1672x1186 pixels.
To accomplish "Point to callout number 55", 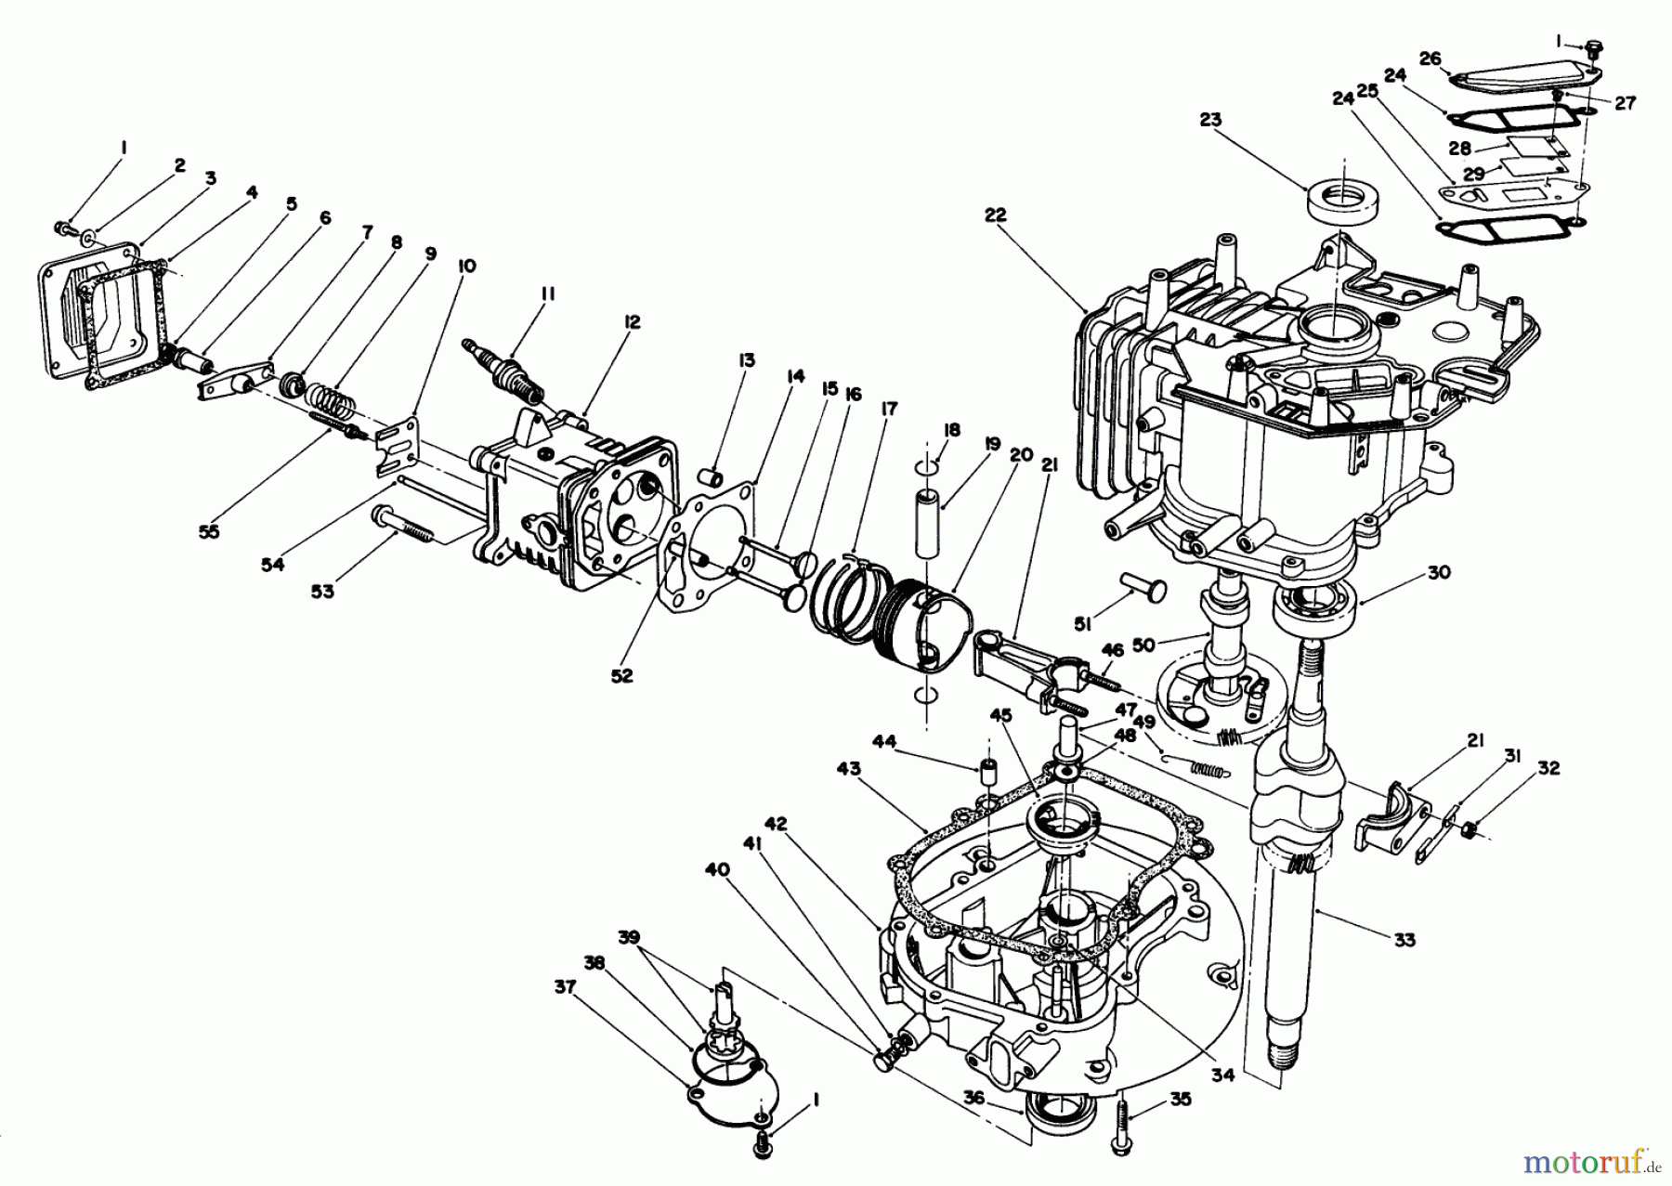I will click(x=210, y=532).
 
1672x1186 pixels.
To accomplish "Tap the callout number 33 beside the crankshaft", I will click(x=1404, y=940).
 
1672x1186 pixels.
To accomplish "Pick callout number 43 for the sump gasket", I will click(x=848, y=769).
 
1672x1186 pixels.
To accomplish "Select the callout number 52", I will click(x=621, y=676).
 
